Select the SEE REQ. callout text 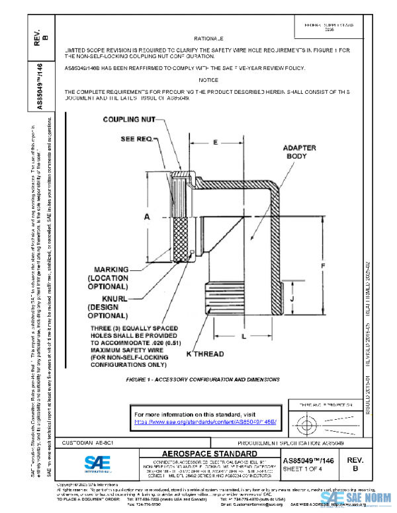tap(137, 139)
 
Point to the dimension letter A tap(147, 217)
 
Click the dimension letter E tap(215, 142)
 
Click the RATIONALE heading tap(212, 39)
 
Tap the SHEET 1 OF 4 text tap(305, 468)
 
